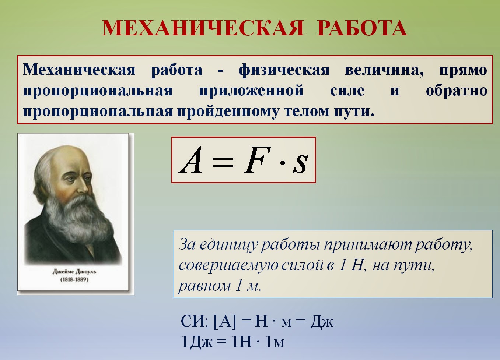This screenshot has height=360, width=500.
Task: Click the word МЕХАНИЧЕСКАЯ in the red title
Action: click(203, 28)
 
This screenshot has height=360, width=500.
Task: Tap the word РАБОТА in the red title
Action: click(362, 28)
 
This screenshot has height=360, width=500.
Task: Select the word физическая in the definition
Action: click(284, 70)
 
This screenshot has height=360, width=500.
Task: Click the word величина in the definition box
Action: click(384, 70)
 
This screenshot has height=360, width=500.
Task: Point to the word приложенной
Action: click(251, 91)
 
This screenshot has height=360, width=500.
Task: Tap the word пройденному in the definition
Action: click(228, 111)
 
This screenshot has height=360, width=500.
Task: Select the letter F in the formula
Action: click(257, 160)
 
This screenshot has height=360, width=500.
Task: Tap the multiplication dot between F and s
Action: click(283, 163)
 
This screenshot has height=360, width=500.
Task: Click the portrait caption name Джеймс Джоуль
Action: click(74, 272)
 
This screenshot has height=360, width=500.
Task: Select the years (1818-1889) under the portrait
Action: click(74, 279)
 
